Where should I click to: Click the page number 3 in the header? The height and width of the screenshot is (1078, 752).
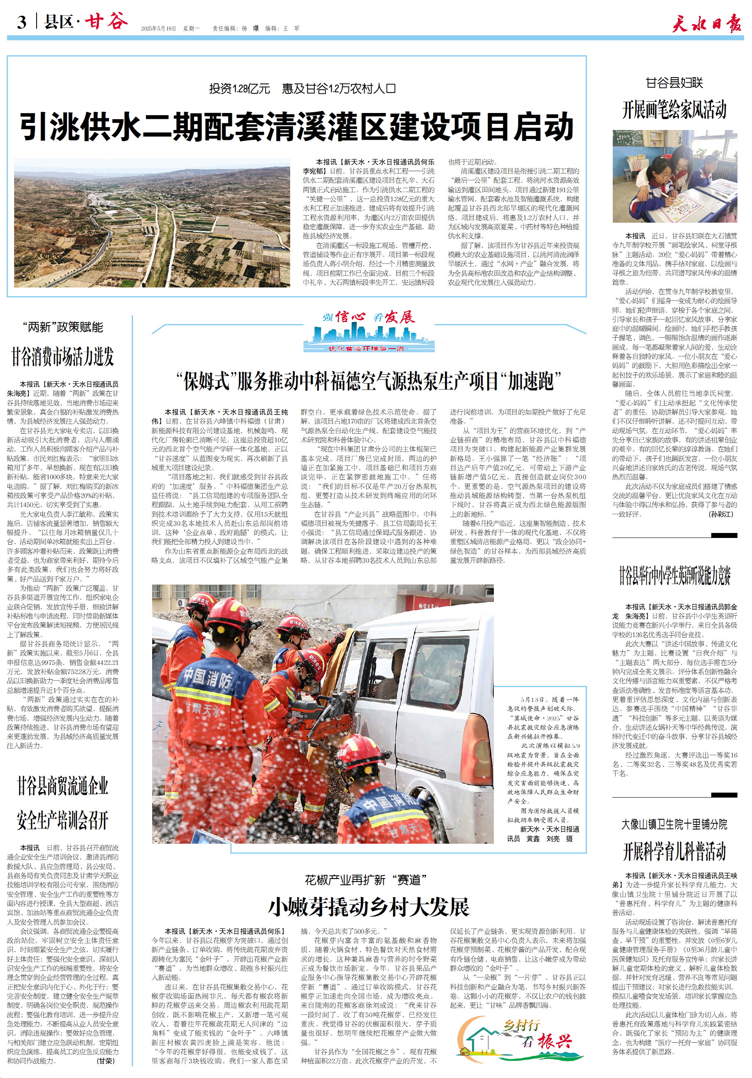coord(22,22)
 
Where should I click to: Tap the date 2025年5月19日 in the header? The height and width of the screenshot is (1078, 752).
coord(158,29)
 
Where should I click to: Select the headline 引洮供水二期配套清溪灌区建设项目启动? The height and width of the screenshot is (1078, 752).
coord(297,127)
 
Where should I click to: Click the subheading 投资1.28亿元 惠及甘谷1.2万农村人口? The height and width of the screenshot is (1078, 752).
coord(302,88)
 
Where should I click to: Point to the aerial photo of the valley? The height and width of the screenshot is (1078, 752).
coord(152,223)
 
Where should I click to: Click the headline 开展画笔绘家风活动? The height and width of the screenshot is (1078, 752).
coord(674,110)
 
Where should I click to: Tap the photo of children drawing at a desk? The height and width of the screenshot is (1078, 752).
coord(675,177)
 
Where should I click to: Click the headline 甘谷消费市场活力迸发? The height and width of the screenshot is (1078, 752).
coord(62,356)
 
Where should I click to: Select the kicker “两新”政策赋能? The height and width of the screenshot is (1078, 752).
coord(62,327)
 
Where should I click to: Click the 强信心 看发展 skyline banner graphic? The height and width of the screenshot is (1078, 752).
coord(369,331)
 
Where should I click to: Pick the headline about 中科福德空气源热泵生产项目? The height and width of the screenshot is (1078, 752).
coord(369,381)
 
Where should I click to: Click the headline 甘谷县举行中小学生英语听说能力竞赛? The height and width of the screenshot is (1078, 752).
coord(675,576)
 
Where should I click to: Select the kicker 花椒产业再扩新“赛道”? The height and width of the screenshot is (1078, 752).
coord(365,880)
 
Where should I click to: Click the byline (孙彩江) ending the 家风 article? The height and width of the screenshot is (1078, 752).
coord(720,514)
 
